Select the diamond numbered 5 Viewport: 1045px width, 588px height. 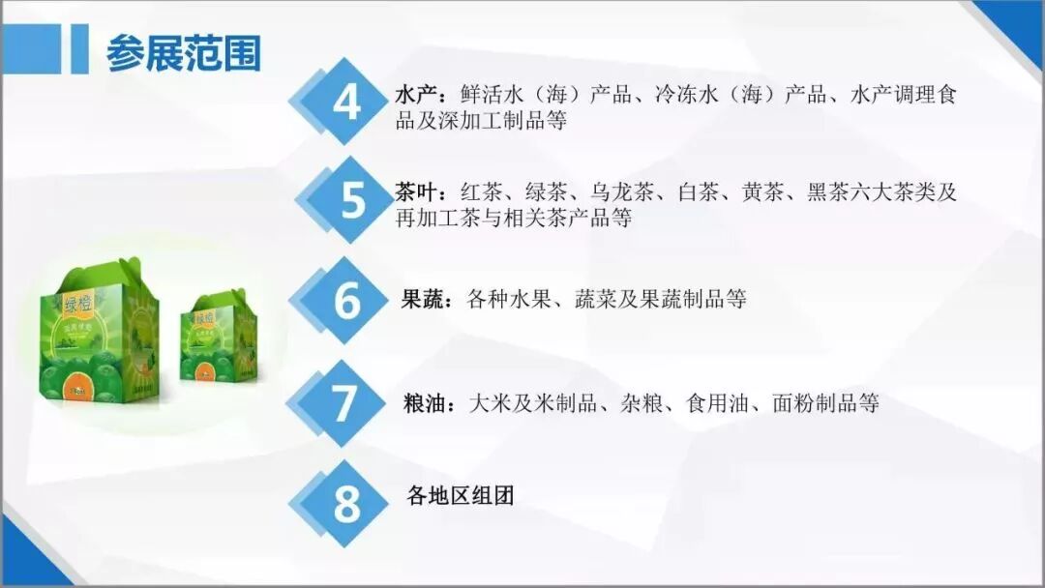pos(351,200)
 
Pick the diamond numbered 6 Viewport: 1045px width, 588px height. pos(346,300)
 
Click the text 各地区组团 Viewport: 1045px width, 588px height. pos(461,496)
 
